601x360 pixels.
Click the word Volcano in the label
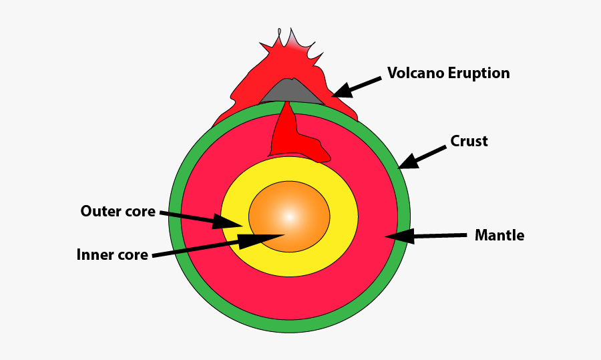click(415, 73)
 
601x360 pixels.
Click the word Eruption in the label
click(479, 73)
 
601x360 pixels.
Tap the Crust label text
click(469, 142)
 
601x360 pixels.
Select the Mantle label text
click(499, 236)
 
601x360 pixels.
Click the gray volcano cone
click(291, 91)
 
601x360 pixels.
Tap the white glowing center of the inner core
click(289, 216)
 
